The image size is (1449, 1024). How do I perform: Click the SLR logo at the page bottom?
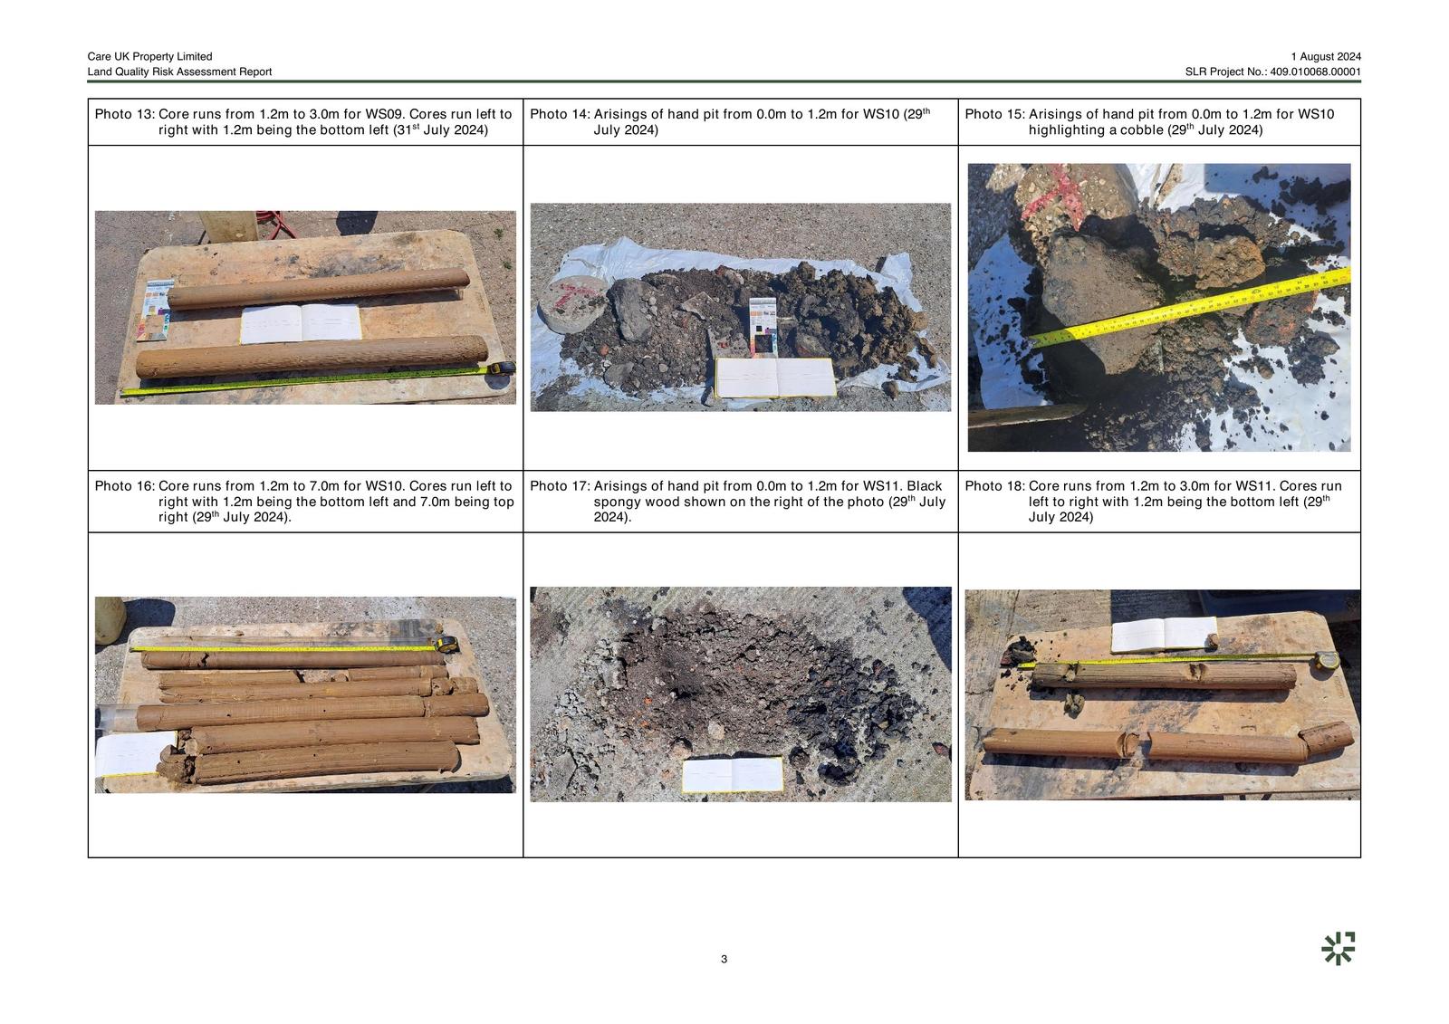coord(1338,948)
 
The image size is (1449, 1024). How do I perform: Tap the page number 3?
coord(724,959)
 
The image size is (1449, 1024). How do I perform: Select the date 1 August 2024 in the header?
coord(1326,56)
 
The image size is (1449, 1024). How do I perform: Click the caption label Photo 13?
coord(125,114)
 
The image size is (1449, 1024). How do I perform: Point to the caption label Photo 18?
coord(995,486)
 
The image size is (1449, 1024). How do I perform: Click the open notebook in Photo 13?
coord(301,323)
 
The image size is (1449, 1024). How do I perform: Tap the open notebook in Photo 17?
coord(733,774)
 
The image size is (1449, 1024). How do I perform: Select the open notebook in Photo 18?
coord(1164,634)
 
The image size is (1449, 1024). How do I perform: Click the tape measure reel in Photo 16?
coord(446,645)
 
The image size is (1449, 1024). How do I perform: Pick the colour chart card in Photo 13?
coord(155,310)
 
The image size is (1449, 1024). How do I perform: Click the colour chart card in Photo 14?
coord(763,326)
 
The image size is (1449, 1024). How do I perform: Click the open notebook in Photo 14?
coord(775,378)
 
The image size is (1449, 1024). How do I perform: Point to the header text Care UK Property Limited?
coord(150,56)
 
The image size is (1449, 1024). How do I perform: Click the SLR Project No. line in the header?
coord(1273,72)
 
